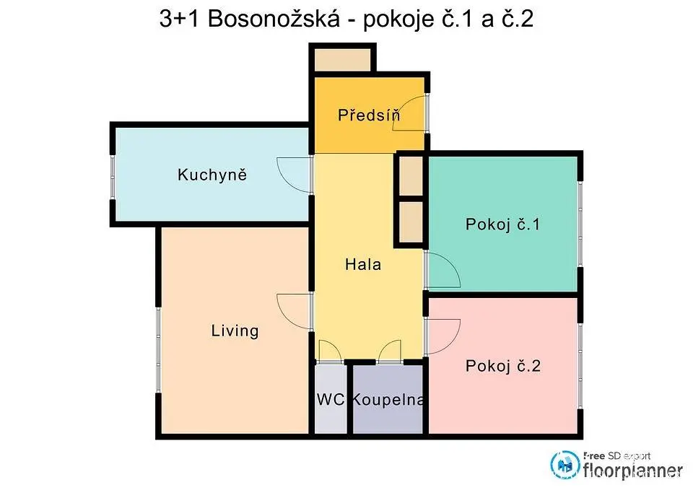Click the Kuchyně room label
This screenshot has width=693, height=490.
point(212,175)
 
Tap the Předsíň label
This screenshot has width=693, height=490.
point(369,115)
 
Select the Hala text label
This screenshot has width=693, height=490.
point(363,264)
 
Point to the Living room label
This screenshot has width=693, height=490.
point(235,331)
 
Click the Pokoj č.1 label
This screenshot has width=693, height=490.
point(502,224)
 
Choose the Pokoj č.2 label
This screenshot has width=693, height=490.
point(503,366)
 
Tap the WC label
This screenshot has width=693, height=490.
point(331,399)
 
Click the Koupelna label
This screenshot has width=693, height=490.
point(388,399)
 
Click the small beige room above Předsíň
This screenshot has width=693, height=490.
point(342,60)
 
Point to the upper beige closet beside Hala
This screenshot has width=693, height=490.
point(411,176)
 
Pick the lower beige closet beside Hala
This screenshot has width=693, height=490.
point(411,222)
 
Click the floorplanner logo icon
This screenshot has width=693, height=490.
point(565,465)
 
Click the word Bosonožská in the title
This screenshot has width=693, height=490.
point(274,19)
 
